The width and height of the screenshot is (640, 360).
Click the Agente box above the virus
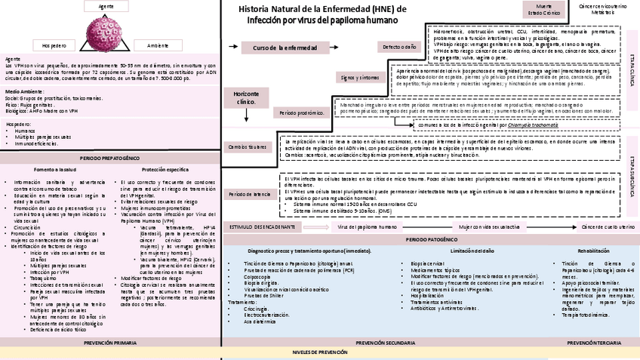[x=106, y=6]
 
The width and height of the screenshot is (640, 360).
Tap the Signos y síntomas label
[x=358, y=77]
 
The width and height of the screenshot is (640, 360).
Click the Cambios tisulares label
[x=247, y=146]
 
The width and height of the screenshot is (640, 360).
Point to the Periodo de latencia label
[x=250, y=194]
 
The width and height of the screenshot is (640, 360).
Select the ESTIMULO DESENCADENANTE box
[x=262, y=226]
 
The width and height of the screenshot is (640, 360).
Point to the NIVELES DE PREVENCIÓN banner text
[x=322, y=352]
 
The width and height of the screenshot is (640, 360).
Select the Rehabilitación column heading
[x=593, y=249]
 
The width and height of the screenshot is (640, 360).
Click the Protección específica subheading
[x=165, y=170]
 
